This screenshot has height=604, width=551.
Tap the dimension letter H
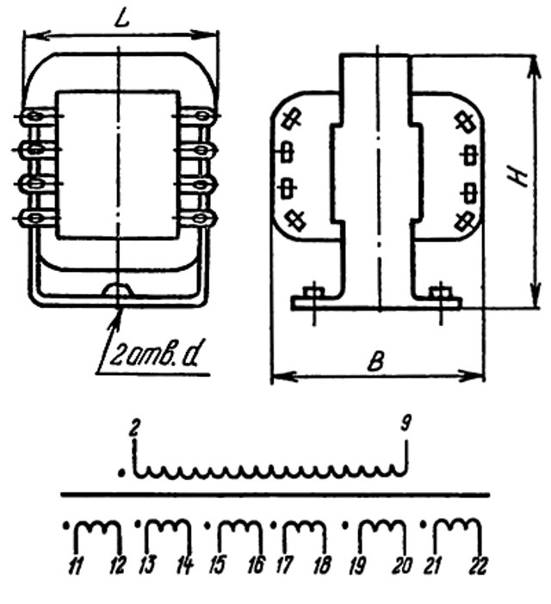[517, 176]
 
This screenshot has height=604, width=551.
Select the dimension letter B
[375, 361]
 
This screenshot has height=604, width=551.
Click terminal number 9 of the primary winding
[406, 423]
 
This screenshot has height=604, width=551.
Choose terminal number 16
[257, 565]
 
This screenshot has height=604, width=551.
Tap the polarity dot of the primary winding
[121, 472]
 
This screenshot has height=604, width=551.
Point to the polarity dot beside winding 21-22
[424, 525]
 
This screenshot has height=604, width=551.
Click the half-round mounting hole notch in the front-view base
[118, 291]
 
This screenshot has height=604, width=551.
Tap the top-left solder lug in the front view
[35, 115]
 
